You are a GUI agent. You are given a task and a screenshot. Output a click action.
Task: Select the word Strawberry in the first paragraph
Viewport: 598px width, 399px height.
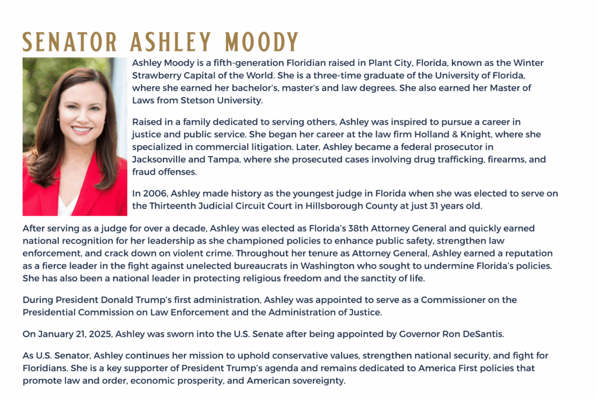click(x=157, y=76)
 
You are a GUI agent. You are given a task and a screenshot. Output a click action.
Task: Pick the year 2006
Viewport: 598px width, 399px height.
click(x=154, y=193)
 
